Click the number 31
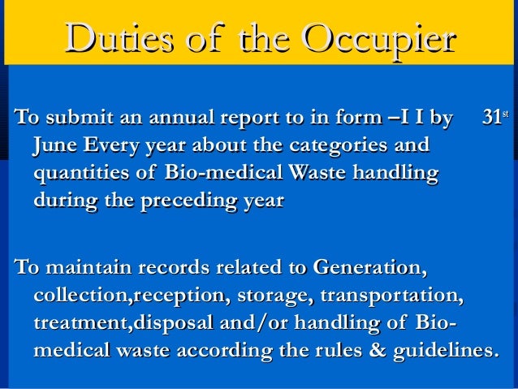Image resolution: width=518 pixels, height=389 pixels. [491, 122]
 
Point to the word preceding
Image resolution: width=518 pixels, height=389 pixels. [188, 200]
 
